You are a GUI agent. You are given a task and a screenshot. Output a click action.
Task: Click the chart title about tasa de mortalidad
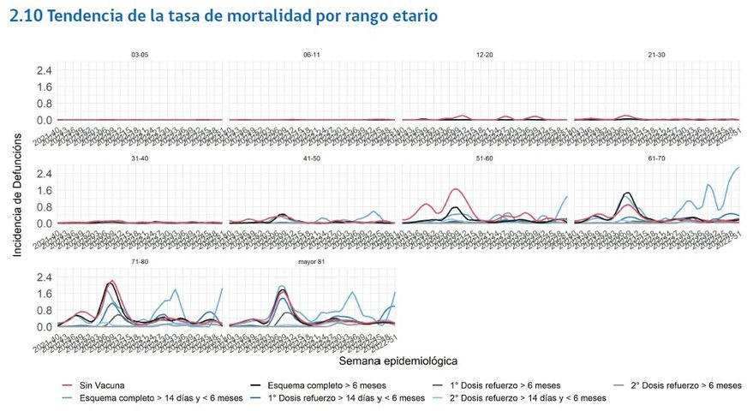223,16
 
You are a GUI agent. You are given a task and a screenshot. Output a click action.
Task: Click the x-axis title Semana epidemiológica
398,360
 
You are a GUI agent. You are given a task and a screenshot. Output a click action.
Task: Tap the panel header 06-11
312,55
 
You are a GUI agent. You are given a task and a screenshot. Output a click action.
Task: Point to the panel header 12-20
484,55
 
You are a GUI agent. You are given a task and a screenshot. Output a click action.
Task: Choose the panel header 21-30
657,55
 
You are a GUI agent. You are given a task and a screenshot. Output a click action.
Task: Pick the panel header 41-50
312,158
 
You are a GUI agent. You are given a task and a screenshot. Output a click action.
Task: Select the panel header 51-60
484,158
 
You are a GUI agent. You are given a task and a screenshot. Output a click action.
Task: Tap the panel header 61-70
657,158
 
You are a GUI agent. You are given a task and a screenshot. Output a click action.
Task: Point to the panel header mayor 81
312,261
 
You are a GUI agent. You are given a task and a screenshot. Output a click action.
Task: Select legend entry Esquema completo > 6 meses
326,385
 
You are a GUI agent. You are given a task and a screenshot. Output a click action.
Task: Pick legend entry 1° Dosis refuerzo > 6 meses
505,385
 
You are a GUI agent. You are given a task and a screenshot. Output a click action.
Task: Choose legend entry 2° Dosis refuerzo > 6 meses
685,385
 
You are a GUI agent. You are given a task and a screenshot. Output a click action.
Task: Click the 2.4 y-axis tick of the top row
44,70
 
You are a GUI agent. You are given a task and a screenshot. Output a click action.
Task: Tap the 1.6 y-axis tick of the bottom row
44,294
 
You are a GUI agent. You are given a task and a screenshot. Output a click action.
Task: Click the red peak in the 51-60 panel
456,189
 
